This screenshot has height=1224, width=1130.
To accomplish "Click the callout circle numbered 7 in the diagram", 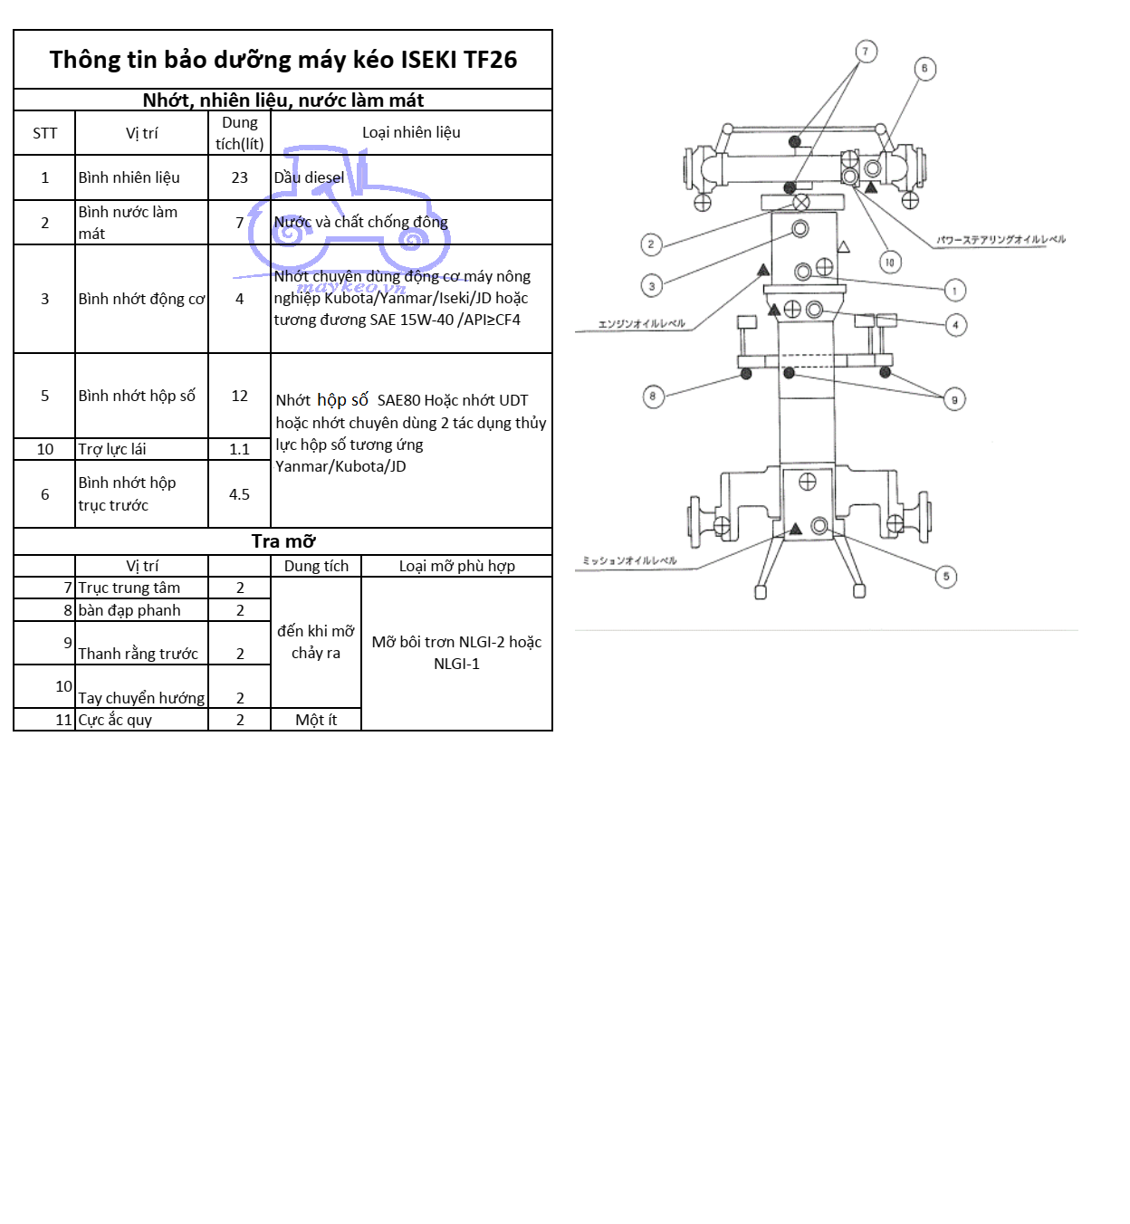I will [866, 52].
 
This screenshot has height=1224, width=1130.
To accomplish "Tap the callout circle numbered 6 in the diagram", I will [924, 69].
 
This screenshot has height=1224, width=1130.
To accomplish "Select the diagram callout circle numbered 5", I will [946, 577].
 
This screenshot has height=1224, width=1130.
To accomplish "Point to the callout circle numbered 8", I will [653, 397].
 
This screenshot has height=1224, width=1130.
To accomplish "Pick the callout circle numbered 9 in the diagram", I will [954, 399].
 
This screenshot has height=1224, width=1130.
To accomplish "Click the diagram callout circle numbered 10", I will [890, 263].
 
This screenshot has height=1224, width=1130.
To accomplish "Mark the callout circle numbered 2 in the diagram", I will [651, 244].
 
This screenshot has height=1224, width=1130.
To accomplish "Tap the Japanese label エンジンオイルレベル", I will [641, 323].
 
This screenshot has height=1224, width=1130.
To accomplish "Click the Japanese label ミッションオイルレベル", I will [629, 560].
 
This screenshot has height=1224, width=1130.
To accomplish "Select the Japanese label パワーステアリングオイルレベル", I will [1001, 240].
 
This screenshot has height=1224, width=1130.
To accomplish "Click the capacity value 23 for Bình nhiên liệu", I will [239, 177].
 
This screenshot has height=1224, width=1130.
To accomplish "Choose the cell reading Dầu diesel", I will [309, 177].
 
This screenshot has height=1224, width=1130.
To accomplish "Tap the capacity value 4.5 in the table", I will [239, 494].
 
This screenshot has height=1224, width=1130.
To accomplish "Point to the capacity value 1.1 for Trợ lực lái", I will [239, 449].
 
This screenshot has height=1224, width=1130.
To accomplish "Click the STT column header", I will [44, 133].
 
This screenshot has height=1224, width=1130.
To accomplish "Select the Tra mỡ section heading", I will [282, 541].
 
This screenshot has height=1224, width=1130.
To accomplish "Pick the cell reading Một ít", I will [316, 720].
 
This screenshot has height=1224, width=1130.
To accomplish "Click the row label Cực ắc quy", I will [115, 720].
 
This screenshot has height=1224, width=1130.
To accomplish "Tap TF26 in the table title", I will [490, 60].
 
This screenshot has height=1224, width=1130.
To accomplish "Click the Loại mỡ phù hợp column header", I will [456, 566].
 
